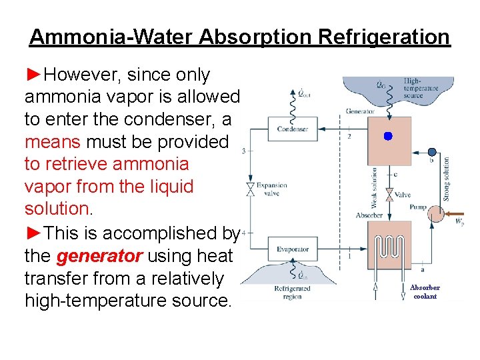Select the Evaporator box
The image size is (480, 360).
pos(293,249)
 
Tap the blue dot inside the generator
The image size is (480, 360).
pos(388,136)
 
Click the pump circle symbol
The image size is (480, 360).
pos(435,214)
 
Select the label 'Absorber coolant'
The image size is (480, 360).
pos(425,292)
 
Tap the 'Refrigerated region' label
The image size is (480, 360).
pos(293,293)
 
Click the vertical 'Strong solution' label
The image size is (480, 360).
pos(446,179)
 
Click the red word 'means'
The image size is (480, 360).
pos(51,142)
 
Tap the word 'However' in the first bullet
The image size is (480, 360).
pos(81,75)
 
